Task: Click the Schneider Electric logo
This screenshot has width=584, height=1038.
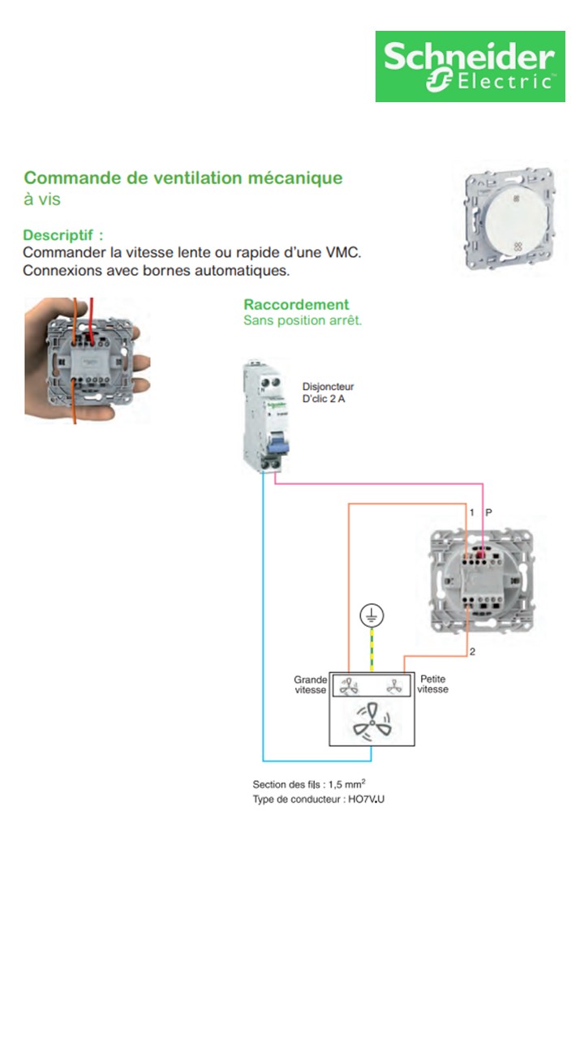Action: (470, 66)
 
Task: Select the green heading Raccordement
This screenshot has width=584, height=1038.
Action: (296, 305)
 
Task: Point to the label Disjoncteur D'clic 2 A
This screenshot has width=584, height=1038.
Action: (328, 392)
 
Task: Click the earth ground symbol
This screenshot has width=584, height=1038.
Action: (371, 617)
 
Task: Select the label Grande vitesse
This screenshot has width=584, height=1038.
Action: (311, 684)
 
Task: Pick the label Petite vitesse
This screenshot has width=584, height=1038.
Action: (433, 684)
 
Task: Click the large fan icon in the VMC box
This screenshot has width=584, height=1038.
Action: (371, 720)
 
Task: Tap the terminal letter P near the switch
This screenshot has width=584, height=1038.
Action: (487, 513)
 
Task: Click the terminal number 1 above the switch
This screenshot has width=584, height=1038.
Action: (471, 513)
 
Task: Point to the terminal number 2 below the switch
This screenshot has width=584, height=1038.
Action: (472, 652)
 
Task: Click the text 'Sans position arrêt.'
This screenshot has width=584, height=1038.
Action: (303, 320)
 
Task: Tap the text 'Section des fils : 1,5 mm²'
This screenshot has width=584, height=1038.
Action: (315, 784)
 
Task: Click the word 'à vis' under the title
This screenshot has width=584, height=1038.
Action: (41, 199)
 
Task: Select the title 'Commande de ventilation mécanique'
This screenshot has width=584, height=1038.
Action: (183, 178)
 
